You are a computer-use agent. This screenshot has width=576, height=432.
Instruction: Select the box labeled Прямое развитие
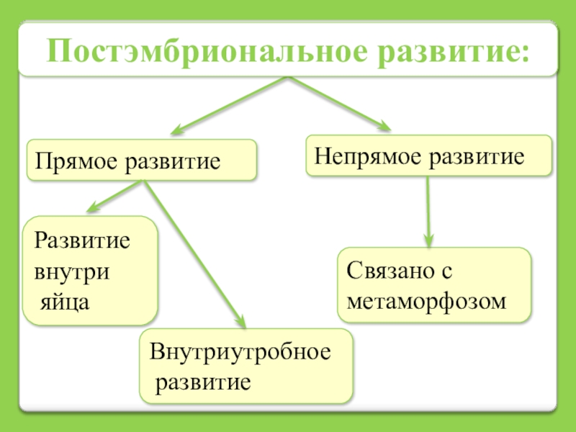tap(142, 160)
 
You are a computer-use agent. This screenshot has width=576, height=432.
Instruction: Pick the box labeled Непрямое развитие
tap(429, 156)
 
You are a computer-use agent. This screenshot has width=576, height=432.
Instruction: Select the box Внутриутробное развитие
tap(246, 366)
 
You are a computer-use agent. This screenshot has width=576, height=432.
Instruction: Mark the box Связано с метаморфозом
tap(434, 284)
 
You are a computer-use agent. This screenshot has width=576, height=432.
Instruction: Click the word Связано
tap(389, 271)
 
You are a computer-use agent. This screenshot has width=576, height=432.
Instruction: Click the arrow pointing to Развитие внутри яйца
tap(115, 196)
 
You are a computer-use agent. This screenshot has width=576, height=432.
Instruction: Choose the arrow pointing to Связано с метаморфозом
tap(428, 212)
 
